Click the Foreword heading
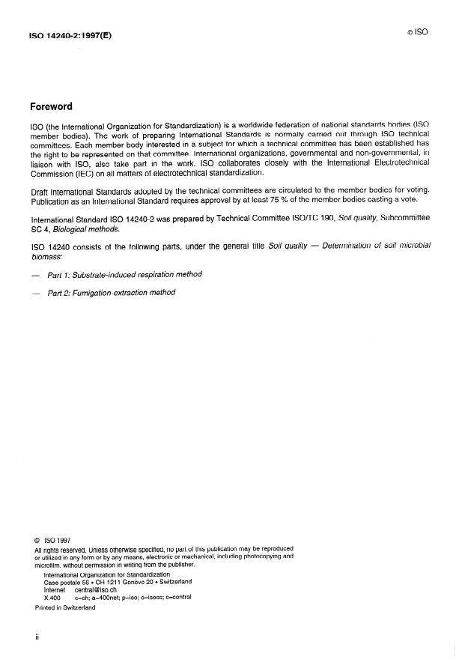click(x=52, y=106)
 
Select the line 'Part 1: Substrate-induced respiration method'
click(x=124, y=274)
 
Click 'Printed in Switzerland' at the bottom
click(x=65, y=608)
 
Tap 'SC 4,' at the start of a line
click(x=39, y=232)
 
